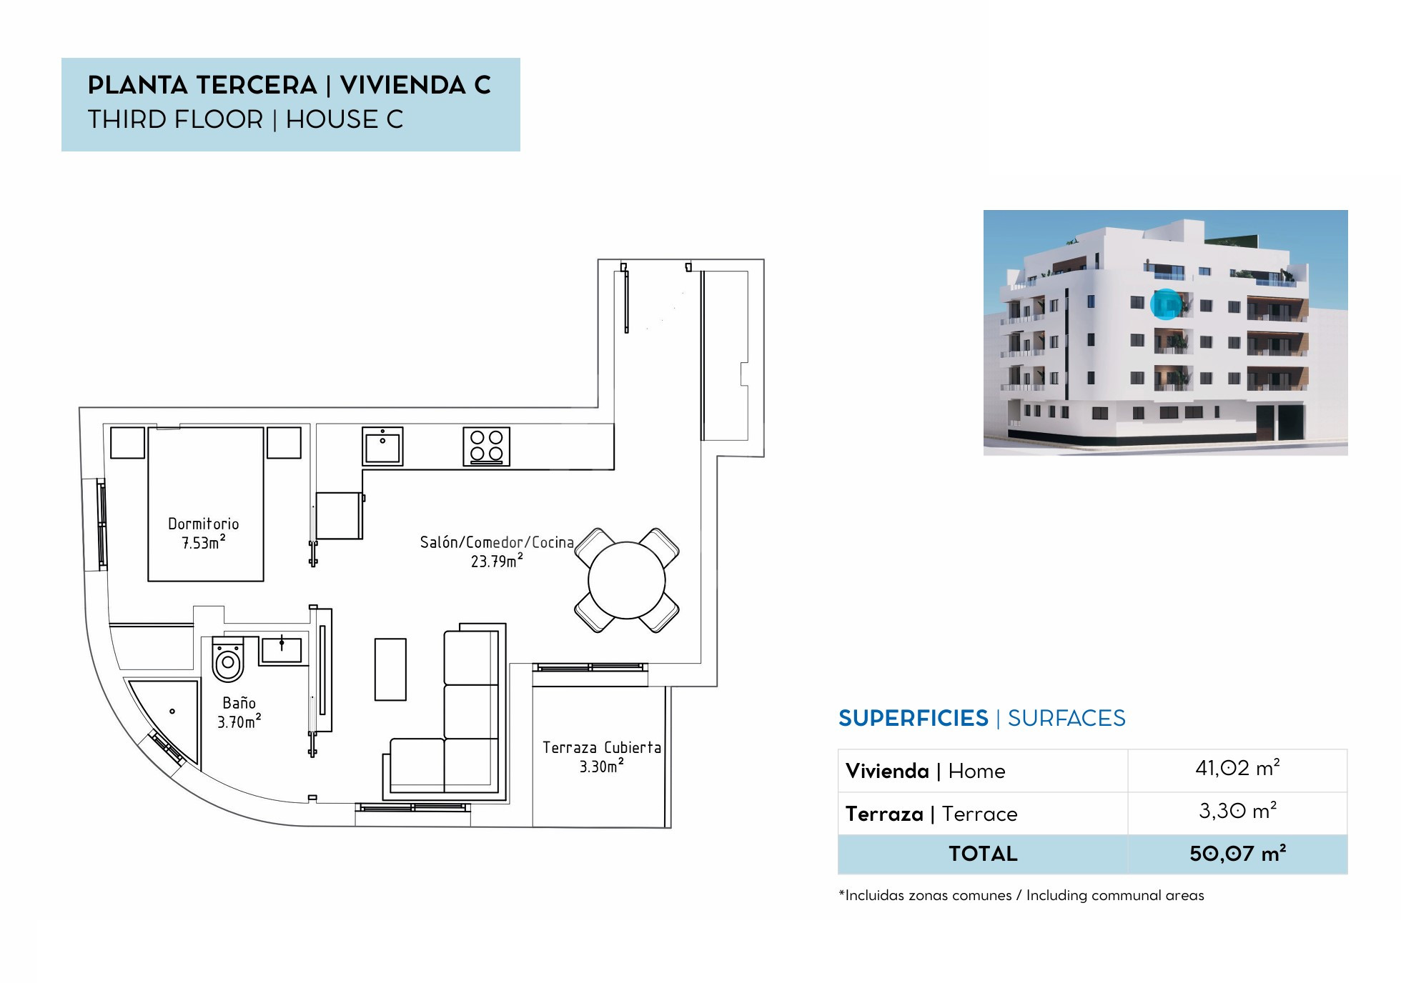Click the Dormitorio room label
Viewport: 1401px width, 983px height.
pos(204,533)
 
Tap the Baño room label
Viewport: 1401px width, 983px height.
pos(239,712)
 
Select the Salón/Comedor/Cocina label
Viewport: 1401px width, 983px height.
pos(497,552)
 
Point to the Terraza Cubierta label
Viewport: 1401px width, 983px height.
pos(602,757)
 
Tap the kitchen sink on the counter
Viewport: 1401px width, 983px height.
pos(382,446)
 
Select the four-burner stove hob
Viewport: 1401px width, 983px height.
pos(487,446)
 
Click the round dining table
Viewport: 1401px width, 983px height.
pos(627,580)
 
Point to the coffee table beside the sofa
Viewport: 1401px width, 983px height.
pos(390,669)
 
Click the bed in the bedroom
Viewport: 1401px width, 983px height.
pos(206,504)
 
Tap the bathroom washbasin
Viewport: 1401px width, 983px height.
pos(282,650)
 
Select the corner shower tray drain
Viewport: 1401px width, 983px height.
pos(172,712)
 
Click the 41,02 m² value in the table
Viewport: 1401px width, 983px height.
pos(1237,769)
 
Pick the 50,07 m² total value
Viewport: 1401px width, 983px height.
pos(1237,854)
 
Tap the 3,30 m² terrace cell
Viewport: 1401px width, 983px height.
pos(1237,812)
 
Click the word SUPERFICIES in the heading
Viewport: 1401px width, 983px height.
pos(914,718)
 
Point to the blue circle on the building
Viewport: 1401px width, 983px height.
pos(1167,304)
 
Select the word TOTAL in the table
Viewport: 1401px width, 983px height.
pos(983,854)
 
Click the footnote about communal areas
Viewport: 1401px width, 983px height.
pos(1021,895)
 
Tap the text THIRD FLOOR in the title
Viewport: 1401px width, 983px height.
pos(176,119)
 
